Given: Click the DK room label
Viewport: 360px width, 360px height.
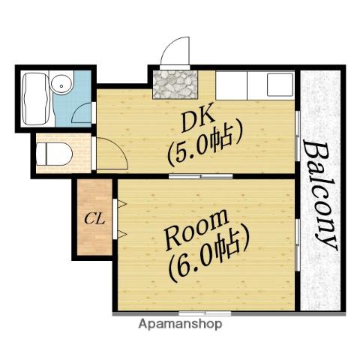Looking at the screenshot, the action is (198, 118).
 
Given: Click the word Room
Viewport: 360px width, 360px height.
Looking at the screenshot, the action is (196, 229).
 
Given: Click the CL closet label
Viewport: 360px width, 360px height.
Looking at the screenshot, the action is (94, 219).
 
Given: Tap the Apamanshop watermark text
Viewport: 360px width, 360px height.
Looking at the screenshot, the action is (180, 324).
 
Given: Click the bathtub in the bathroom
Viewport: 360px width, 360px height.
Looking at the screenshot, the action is (37, 99).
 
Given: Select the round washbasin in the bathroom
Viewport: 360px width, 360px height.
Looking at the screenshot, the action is (61, 84).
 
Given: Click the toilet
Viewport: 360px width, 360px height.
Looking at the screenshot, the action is (54, 154).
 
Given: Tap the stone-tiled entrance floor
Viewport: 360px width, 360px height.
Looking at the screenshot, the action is (175, 84).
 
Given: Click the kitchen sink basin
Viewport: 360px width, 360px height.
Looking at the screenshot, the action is (280, 85).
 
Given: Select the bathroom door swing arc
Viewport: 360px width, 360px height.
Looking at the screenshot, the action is (77, 110).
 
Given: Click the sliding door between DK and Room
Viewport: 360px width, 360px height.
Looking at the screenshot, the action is (201, 176).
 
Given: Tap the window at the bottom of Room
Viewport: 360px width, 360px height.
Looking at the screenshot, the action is (205, 313).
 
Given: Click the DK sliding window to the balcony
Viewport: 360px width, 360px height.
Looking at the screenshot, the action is (298, 136).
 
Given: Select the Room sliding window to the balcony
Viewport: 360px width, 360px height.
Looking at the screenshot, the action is (298, 245).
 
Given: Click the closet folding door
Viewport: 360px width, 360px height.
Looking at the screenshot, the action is (118, 219).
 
